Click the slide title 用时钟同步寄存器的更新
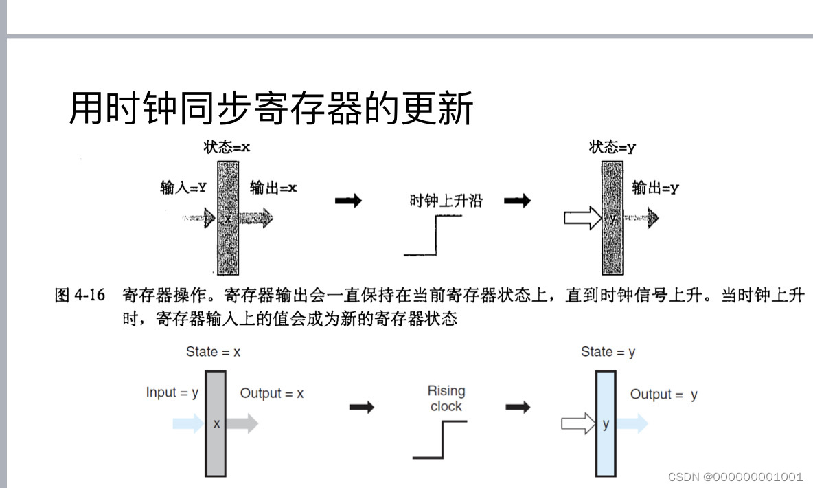coord(271,109)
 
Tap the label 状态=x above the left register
coord(226,147)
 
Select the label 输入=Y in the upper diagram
coord(183,188)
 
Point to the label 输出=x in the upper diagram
coord(273,188)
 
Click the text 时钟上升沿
coord(446,201)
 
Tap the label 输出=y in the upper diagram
coord(655,188)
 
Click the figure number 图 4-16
coord(80,296)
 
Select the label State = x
coord(213,352)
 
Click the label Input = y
coord(172,392)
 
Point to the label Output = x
coord(271,394)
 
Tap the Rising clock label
coord(446,399)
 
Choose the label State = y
coord(608,352)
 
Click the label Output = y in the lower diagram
coord(663,395)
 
